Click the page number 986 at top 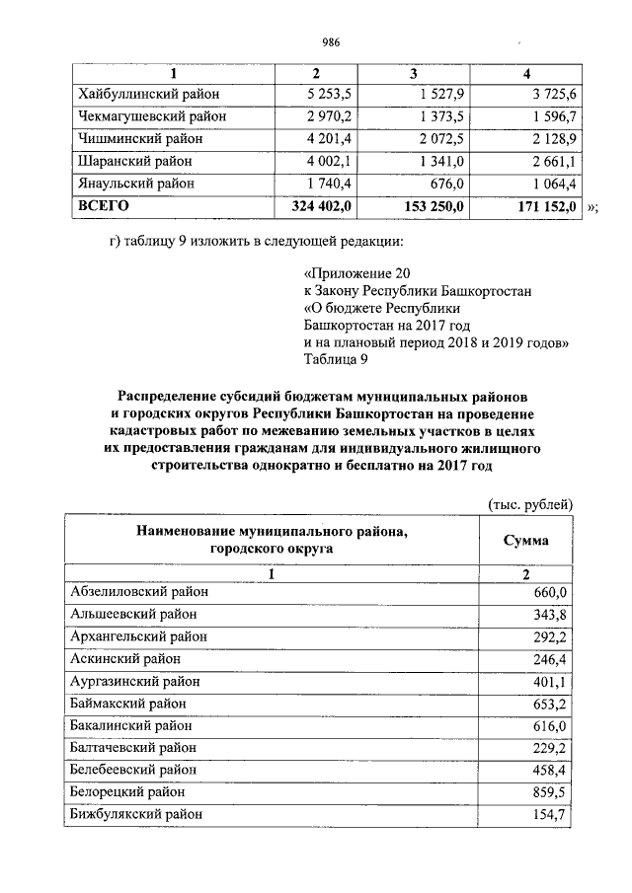coord(331,41)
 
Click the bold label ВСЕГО coord(104,206)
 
